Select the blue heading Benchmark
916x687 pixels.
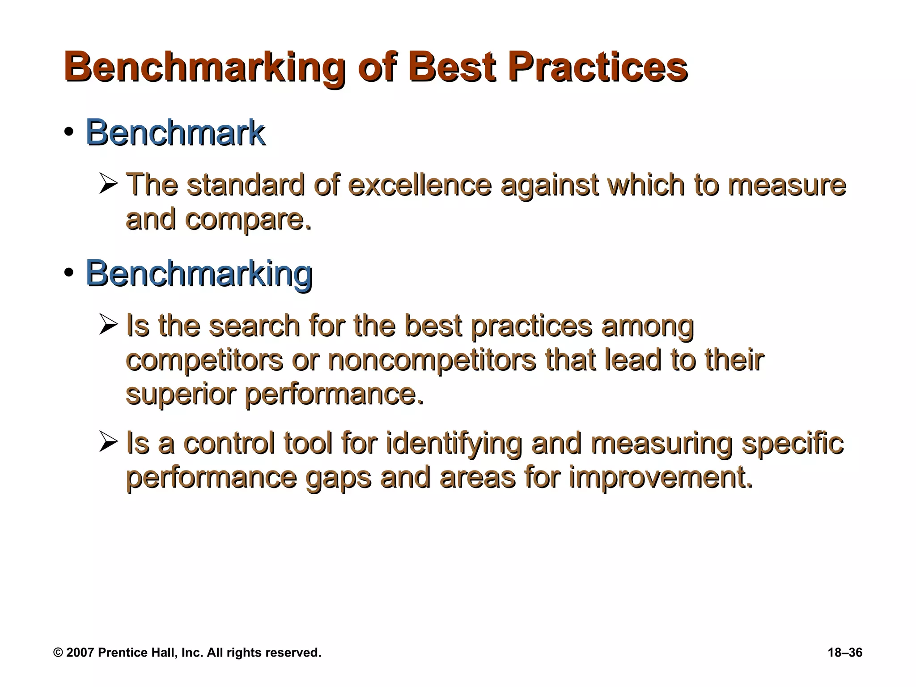[x=175, y=133]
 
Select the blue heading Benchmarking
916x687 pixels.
[x=199, y=273]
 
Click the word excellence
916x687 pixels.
[x=420, y=185]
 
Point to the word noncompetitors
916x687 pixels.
[x=432, y=360]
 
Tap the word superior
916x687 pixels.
[x=180, y=394]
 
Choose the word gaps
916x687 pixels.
[x=338, y=478]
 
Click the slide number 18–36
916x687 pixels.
[x=845, y=653]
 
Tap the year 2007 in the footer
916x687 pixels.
[x=80, y=653]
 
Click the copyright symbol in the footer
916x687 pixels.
[x=58, y=653]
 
